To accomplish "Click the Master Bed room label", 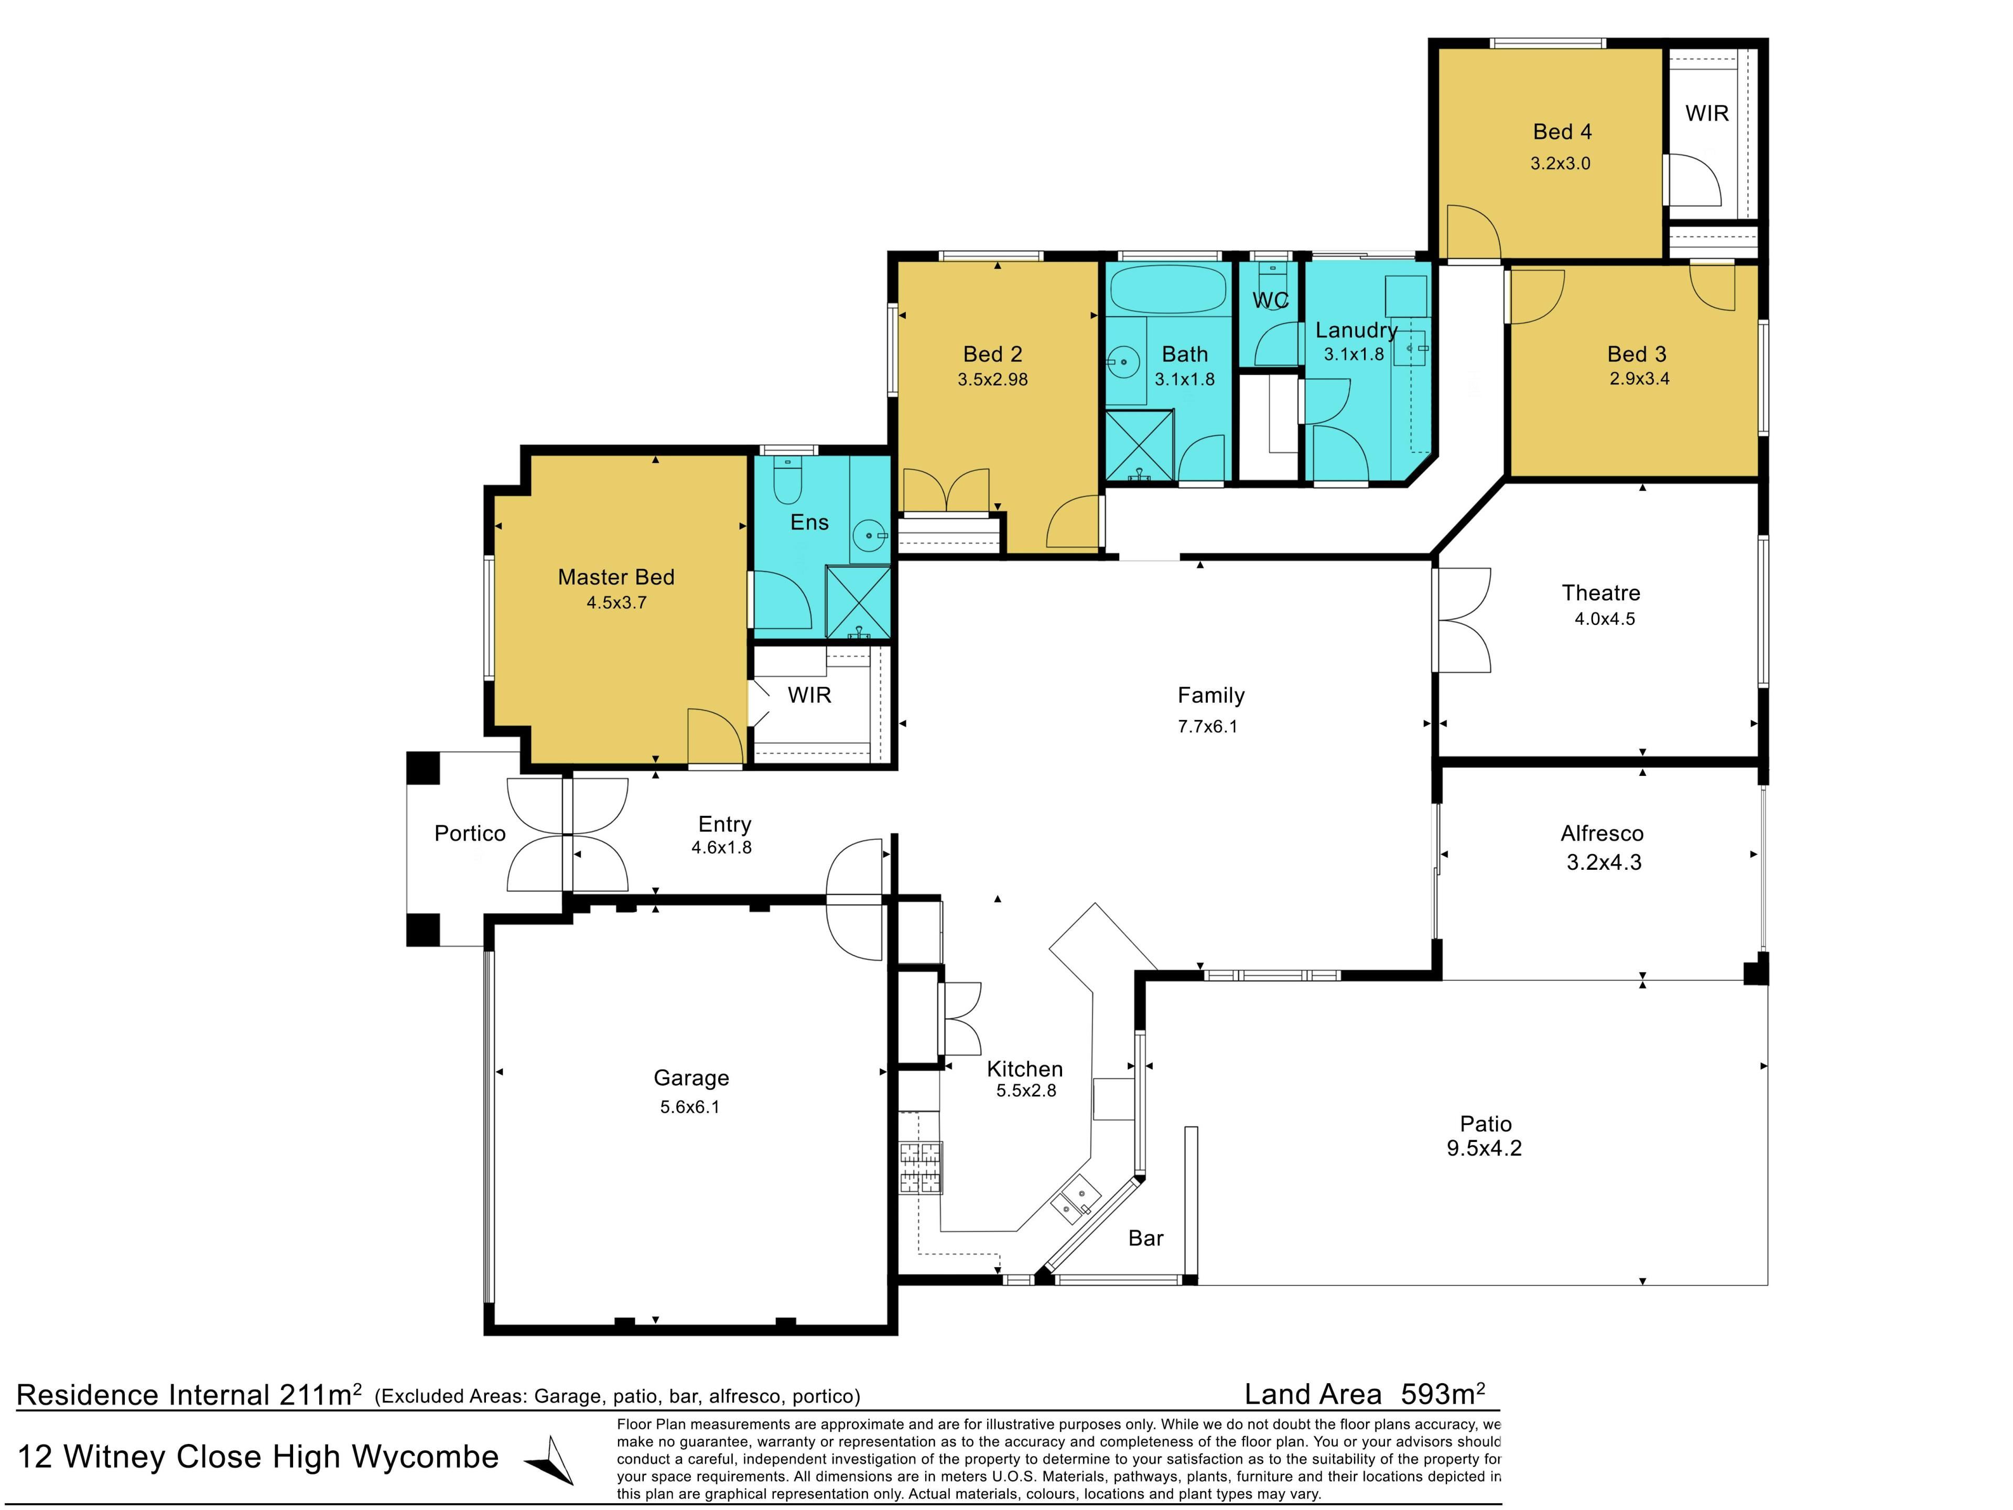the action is (616, 577).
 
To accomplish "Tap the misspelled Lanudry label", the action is (1356, 330).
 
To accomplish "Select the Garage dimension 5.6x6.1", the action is (690, 1107).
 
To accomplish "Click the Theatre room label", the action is (1601, 592).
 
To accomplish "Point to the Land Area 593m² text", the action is (1365, 1395).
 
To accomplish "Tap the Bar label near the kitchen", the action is (1146, 1238).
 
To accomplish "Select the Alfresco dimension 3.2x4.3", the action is (1604, 862).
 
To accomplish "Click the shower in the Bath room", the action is (1139, 445).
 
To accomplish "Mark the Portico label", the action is (470, 834).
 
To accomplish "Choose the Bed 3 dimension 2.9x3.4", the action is (1639, 379).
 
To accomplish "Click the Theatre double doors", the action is (1463, 621).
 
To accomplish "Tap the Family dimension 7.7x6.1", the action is (1208, 726).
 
